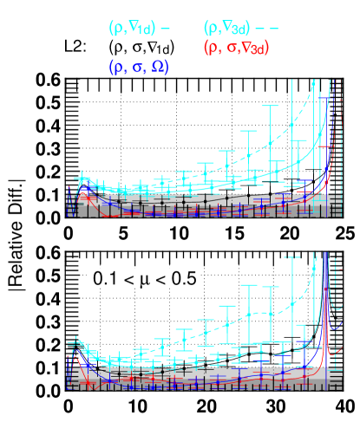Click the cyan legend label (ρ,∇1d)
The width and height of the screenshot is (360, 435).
[x=131, y=29]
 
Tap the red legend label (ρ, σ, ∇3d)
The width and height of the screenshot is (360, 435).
[x=235, y=48]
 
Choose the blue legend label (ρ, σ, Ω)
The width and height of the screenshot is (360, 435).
[x=138, y=67]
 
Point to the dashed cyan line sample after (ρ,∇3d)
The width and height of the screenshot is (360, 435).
[x=267, y=29]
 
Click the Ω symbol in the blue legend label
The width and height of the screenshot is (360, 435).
[x=159, y=67]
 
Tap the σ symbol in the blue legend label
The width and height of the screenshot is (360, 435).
[x=139, y=67]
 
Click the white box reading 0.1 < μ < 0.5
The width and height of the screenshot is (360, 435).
[x=143, y=278]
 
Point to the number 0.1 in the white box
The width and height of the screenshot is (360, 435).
[x=103, y=278]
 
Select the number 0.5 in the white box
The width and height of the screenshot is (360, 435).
[x=183, y=278]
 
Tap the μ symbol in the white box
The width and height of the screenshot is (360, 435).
[x=143, y=279]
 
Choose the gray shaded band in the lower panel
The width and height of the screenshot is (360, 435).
[x=200, y=380]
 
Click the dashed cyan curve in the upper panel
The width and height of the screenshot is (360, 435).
[x=260, y=151]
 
